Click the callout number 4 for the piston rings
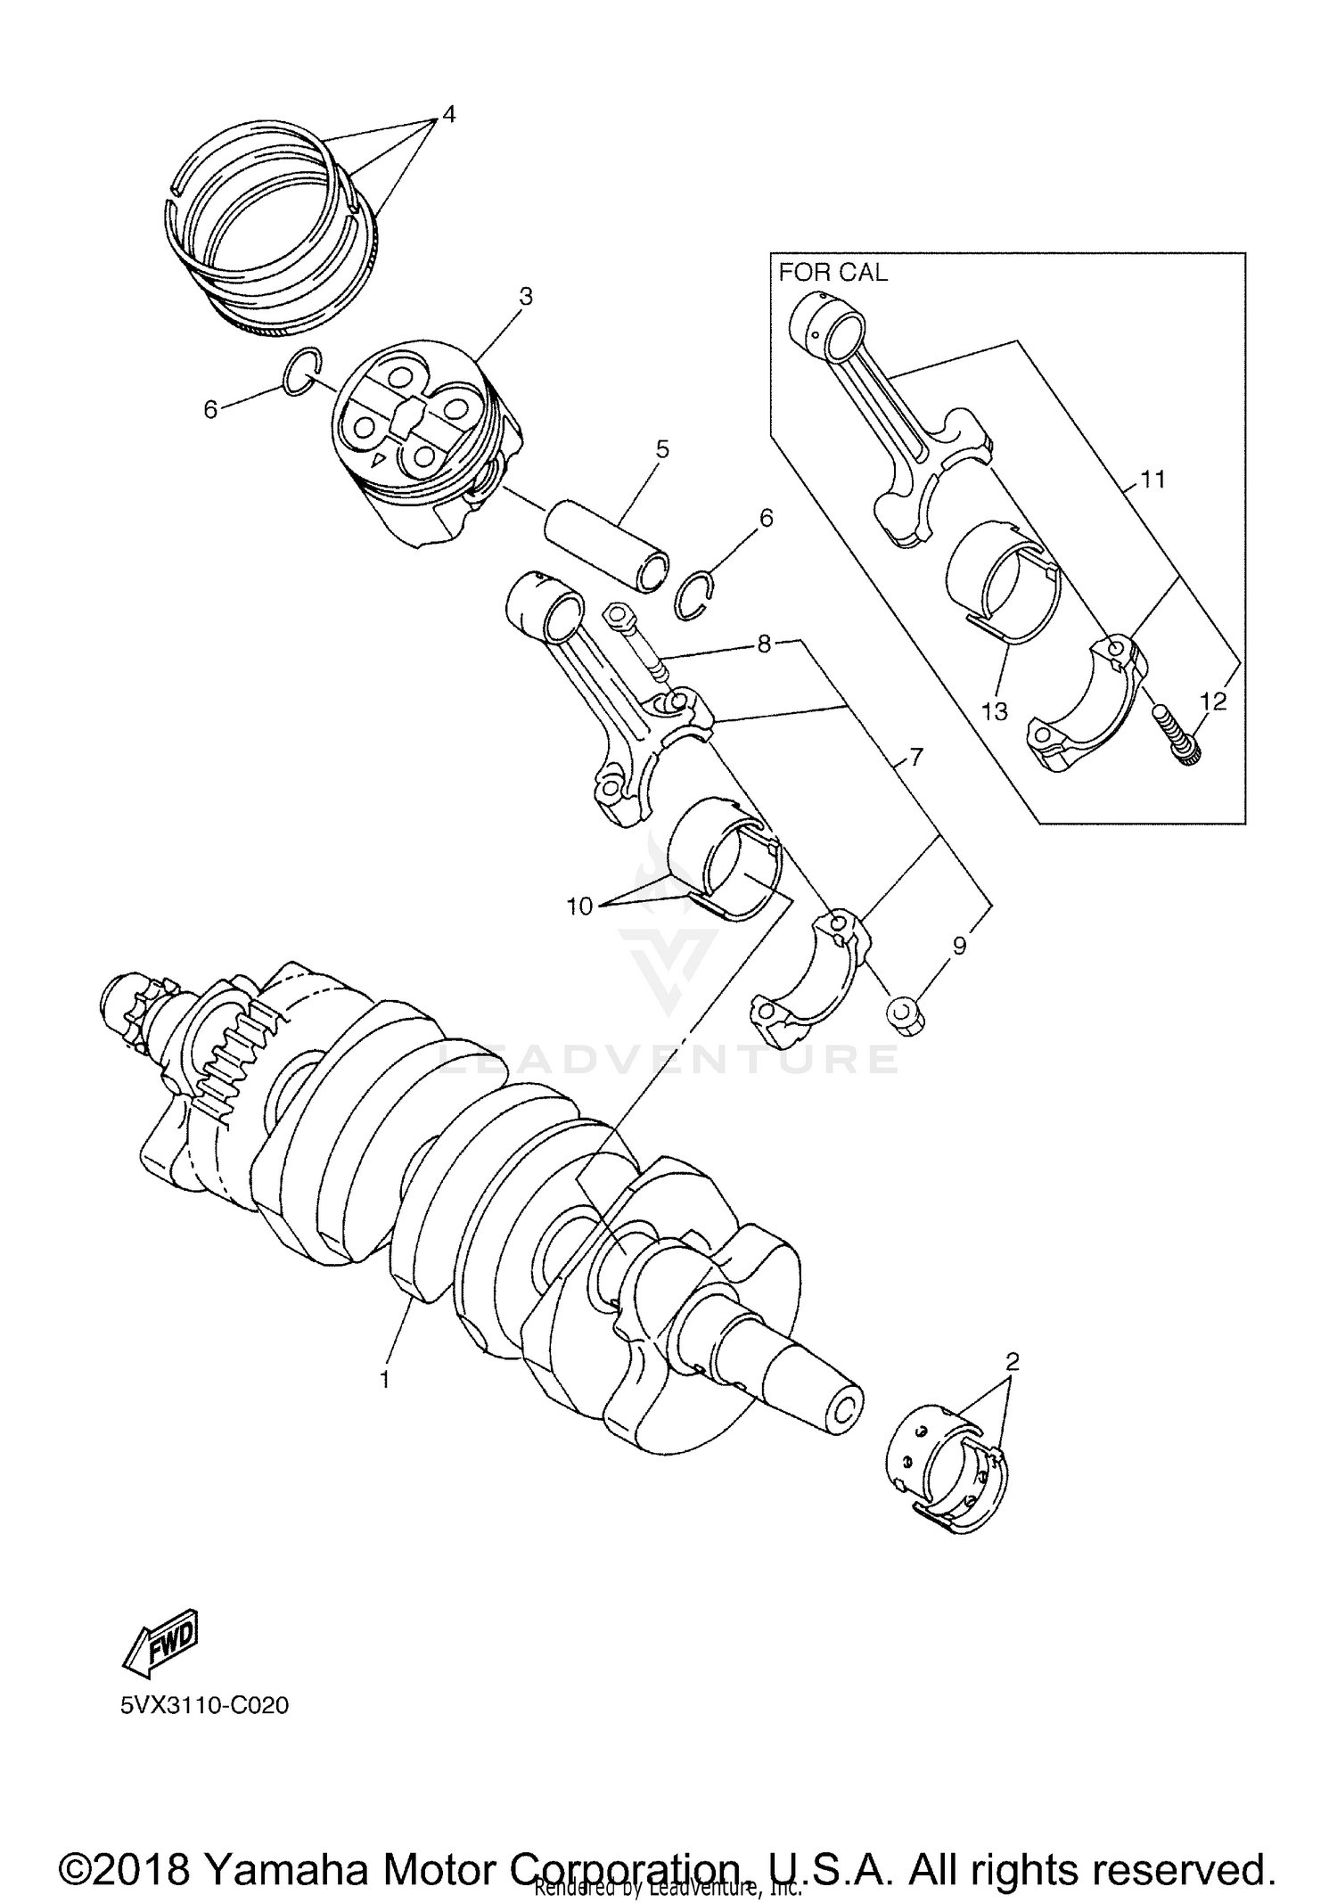448,114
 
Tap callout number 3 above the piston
526,297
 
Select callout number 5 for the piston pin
661,449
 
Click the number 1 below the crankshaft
384,1380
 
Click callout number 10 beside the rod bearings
579,906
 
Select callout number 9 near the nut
959,946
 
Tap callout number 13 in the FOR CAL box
994,711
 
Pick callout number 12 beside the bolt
1213,701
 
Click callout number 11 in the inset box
1152,480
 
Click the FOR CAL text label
833,273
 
